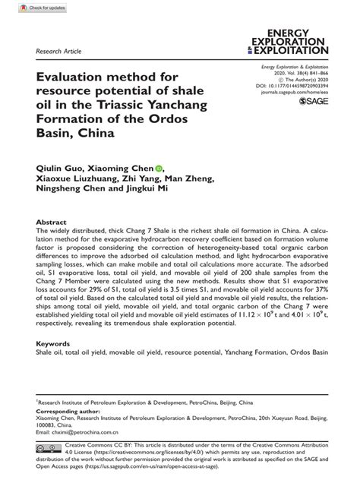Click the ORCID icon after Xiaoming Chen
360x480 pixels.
click(x=159, y=167)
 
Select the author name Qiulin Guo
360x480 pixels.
click(x=59, y=167)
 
